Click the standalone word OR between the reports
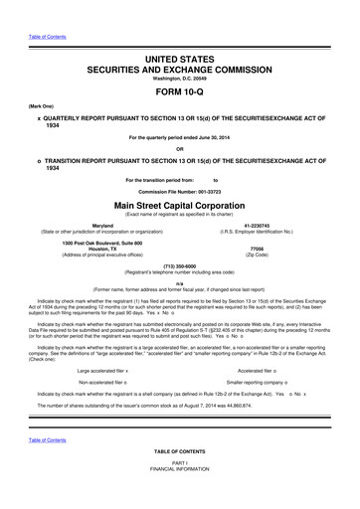(x=180, y=151)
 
